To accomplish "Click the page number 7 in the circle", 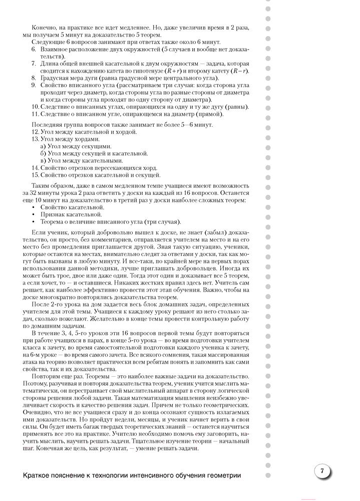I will coord(322,471).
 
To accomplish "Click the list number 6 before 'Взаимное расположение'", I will coord(34,50).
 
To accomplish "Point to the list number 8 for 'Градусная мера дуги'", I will coord(34,78).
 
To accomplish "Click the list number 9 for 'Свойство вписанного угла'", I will coord(34,86).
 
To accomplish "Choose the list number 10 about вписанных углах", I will coord(35,107).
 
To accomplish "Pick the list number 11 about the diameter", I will coord(35,114).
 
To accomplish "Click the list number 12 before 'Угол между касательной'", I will coord(35,132).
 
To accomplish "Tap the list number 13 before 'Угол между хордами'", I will coord(35,139).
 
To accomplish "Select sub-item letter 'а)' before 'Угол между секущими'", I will coord(43,146).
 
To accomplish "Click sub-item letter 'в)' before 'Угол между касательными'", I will coord(43,160).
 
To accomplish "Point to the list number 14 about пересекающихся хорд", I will coord(35,168).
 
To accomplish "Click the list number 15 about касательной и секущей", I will coord(35,175).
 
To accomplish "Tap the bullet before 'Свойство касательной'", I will coord(34,207).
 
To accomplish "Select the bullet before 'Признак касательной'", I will coord(34,214).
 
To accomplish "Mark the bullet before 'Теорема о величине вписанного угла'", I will coord(34,222).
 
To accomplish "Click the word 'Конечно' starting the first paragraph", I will coord(44,29).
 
